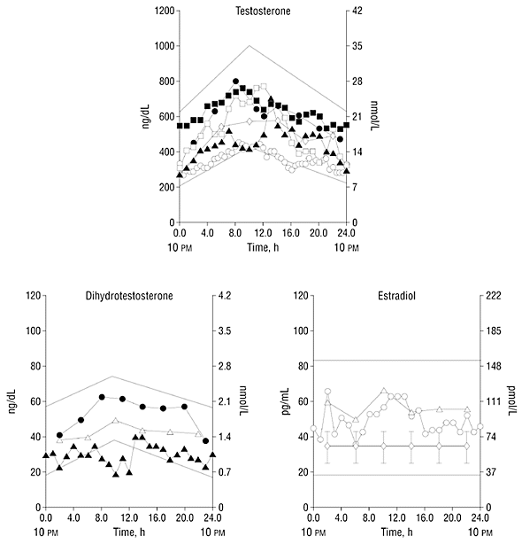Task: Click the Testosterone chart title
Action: (263, 12)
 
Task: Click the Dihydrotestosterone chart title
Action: (129, 296)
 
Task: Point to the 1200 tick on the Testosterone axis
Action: (165, 12)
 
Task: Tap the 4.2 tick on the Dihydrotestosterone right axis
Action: (225, 296)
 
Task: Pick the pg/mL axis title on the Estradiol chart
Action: (286, 401)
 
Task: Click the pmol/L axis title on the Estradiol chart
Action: (511, 401)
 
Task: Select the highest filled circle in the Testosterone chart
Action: (235, 82)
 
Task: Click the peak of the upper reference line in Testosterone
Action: (249, 45)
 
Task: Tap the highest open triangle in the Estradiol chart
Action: (383, 391)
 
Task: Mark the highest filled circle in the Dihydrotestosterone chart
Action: (102, 397)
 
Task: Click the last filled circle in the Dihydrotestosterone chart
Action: (205, 441)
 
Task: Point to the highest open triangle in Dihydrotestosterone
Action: (115, 421)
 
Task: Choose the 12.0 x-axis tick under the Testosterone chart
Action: (264, 233)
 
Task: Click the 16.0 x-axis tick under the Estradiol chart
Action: (425, 518)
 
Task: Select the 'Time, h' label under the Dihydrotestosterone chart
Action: (129, 532)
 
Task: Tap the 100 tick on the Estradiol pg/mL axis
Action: (301, 331)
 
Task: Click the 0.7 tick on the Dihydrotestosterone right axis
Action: (225, 472)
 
